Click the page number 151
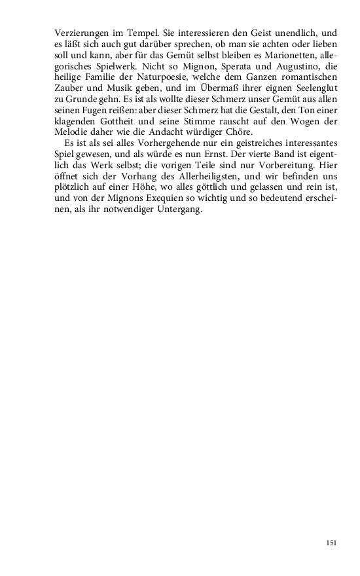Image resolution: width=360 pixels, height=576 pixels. point(331,542)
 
